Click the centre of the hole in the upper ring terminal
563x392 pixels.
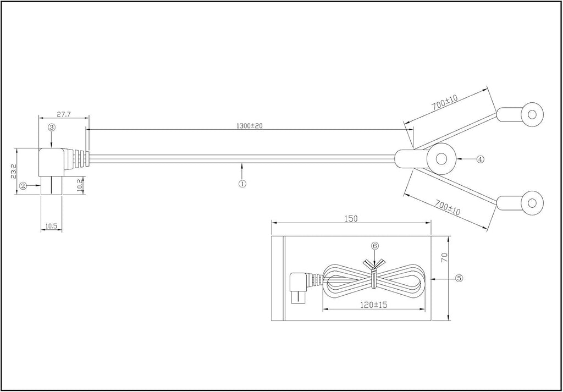tap(532, 114)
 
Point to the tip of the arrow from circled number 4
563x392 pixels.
tap(457, 159)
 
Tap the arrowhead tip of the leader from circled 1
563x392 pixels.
tap(242, 163)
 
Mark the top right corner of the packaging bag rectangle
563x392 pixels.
tap(431, 236)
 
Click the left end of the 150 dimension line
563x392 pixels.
tap(272, 223)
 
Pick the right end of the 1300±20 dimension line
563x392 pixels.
tap(413, 129)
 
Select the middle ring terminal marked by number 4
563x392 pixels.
tap(426, 159)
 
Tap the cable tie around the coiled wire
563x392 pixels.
tap(374, 274)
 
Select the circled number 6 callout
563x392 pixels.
tap(374, 246)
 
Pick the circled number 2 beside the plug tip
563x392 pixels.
tap(23, 186)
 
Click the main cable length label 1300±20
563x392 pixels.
tap(250, 126)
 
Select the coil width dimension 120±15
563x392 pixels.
tap(373, 305)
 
